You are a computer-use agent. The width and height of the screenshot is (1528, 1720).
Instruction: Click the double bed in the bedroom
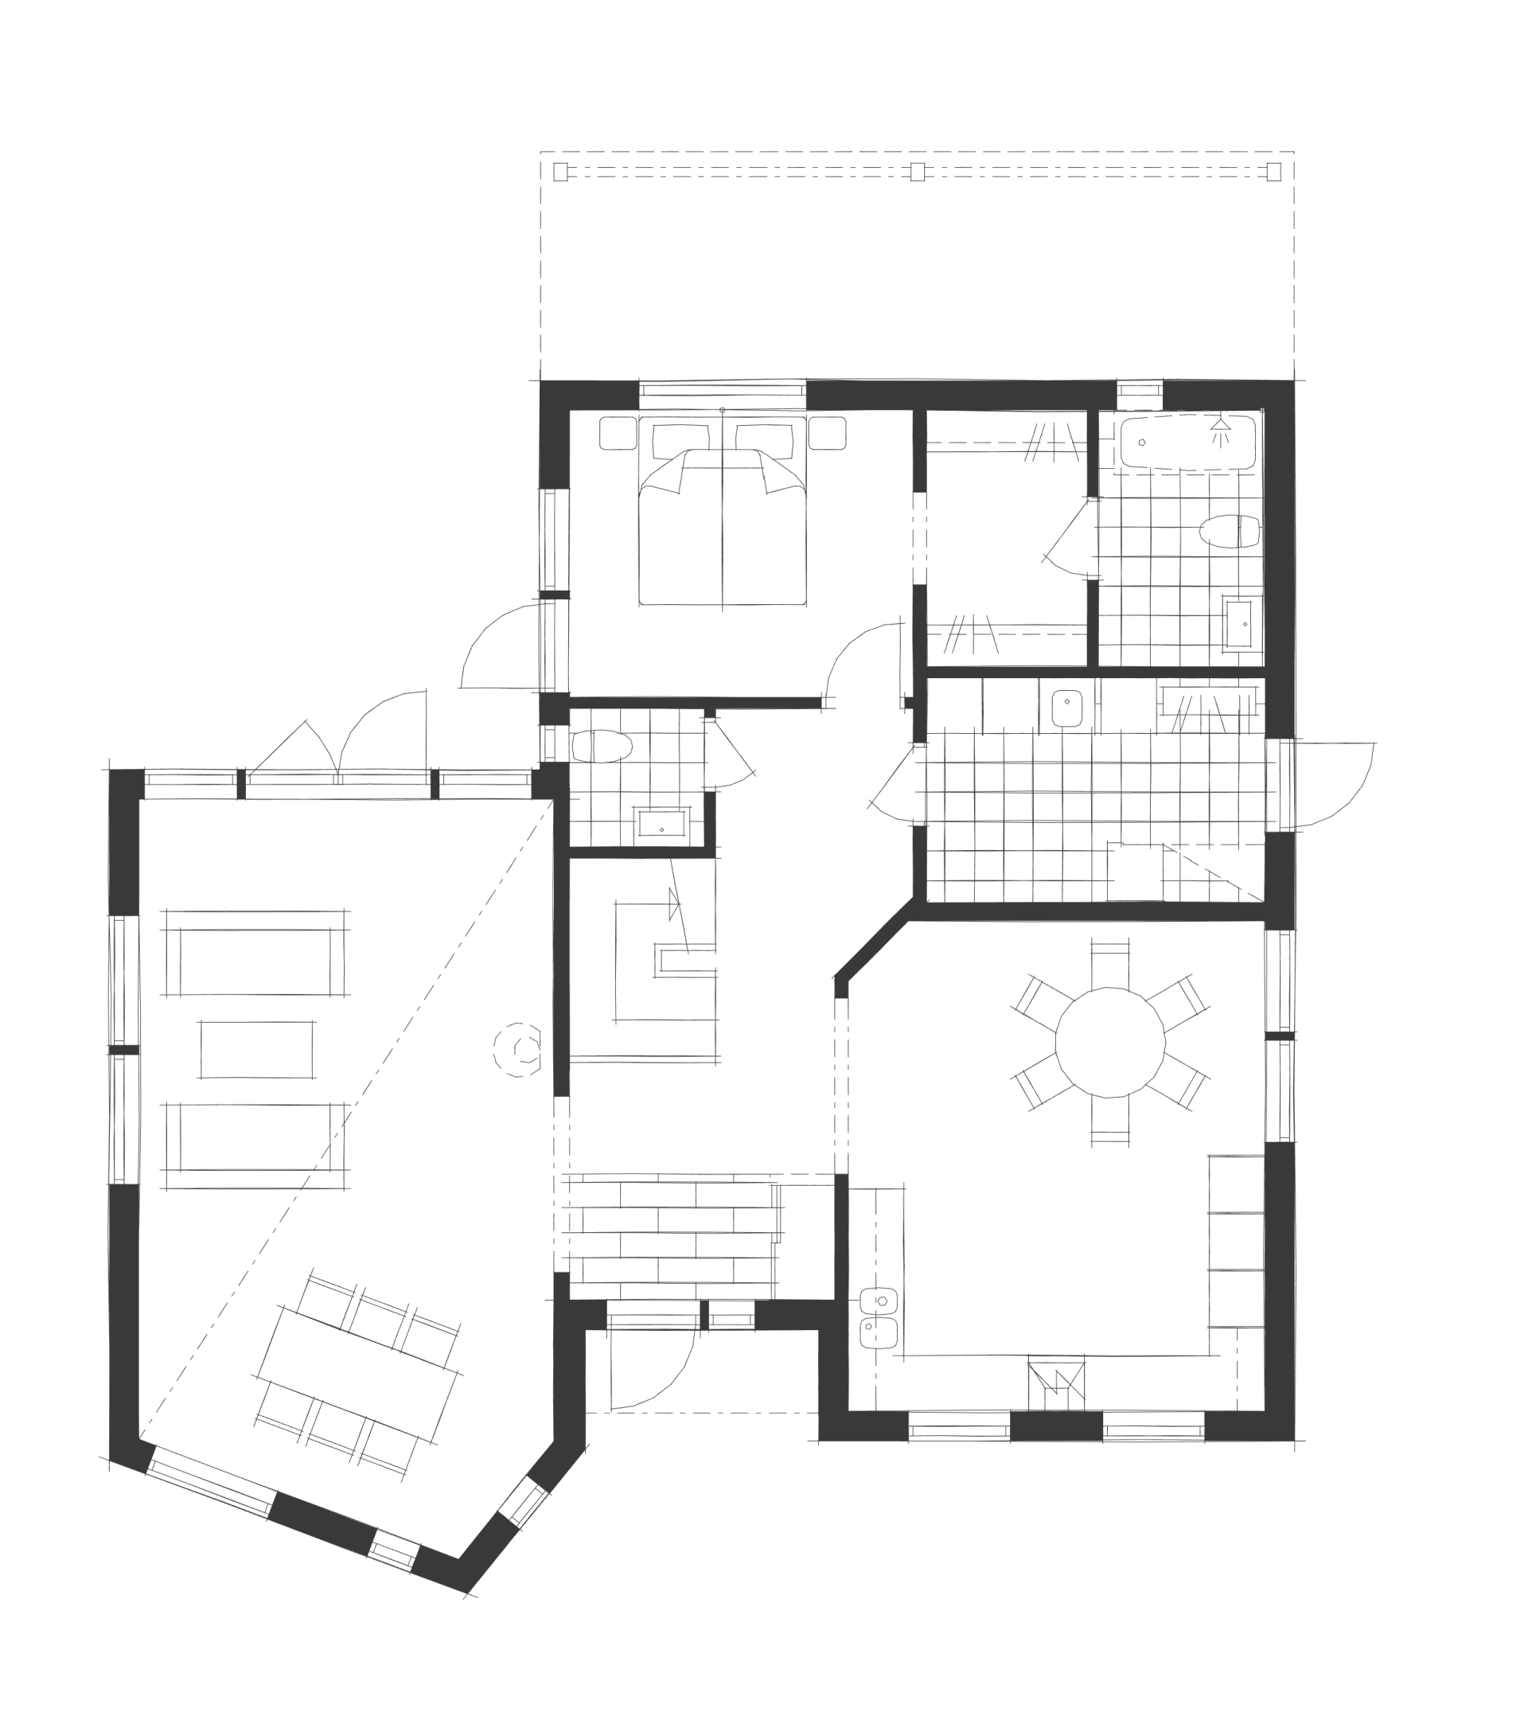tap(722, 521)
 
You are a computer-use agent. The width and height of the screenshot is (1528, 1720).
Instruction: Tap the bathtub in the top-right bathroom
tap(1187, 442)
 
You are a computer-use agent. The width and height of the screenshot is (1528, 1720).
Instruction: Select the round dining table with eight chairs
tap(1110, 1043)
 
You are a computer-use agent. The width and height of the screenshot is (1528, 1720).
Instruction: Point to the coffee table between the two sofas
tap(256, 1049)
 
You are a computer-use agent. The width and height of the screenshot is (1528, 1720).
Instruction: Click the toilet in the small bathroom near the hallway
tap(602, 747)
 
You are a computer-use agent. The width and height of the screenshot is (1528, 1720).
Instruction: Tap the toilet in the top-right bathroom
tap(1229, 532)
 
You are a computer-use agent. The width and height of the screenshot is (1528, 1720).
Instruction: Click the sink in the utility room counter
tap(1067, 703)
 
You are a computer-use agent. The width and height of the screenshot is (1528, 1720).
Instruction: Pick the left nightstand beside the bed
tap(618, 433)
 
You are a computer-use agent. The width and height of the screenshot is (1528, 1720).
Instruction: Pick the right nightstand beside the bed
tap(827, 433)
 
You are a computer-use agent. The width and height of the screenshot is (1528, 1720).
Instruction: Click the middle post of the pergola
tap(917, 173)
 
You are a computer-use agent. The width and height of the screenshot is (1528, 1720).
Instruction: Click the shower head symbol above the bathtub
tap(1220, 431)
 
